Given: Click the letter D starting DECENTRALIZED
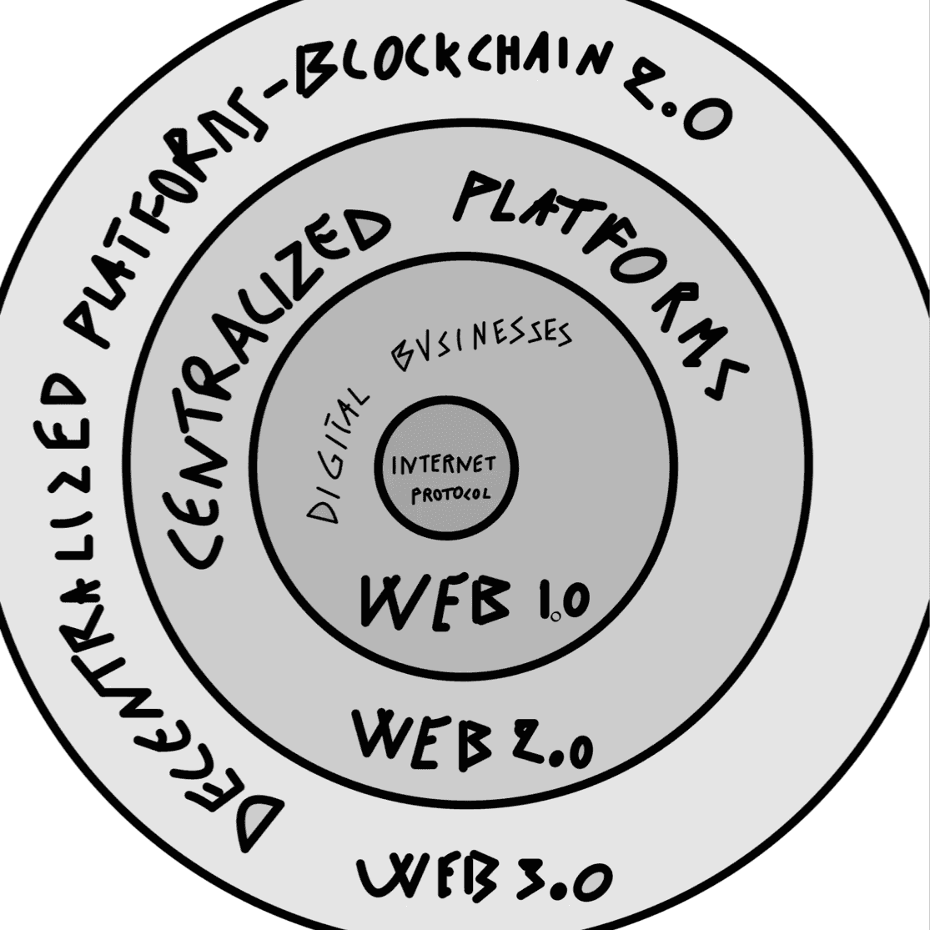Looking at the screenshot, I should click(250, 822).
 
